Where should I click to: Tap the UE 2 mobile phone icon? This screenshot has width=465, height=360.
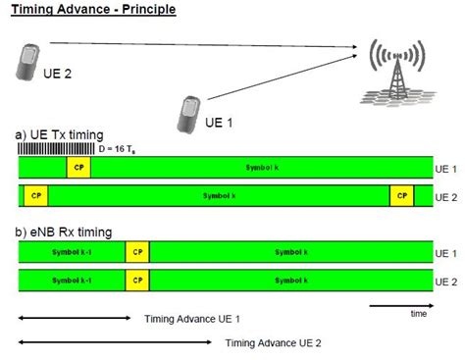tap(29, 62)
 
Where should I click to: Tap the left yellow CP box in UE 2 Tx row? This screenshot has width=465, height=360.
tap(36, 195)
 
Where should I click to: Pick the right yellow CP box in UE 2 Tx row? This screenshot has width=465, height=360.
tap(401, 195)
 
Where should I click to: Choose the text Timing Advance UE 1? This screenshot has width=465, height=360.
tap(192, 319)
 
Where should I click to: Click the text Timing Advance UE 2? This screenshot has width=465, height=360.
tap(274, 343)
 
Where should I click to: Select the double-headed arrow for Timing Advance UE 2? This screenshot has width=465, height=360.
tap(114, 341)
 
